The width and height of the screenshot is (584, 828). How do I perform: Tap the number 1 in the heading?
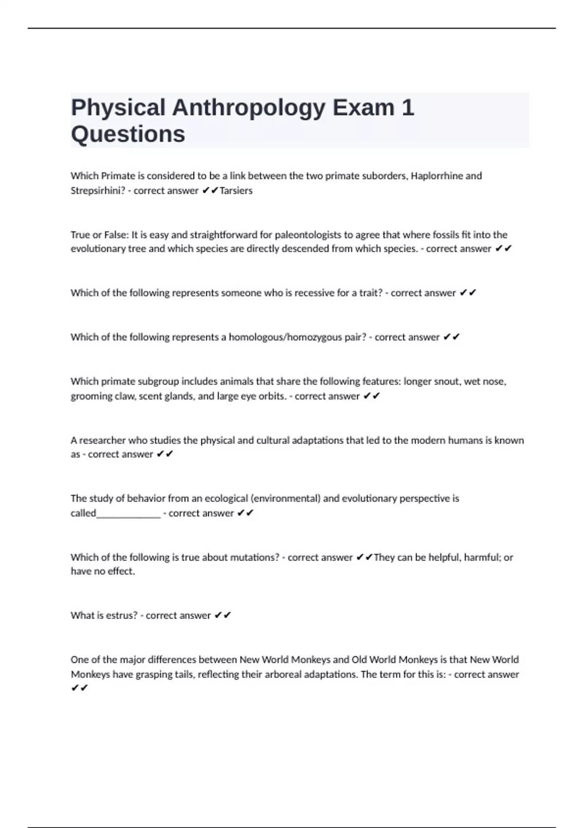[x=408, y=107]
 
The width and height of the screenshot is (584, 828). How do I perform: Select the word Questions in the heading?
[x=128, y=134]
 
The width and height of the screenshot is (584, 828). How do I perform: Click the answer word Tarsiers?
[x=236, y=191]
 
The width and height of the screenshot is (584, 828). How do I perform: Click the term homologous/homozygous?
[x=287, y=337]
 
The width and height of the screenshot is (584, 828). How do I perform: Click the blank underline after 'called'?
[x=128, y=514]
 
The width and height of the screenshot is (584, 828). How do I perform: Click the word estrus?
[x=121, y=616]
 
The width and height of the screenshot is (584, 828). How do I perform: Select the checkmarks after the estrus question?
[x=222, y=616]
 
